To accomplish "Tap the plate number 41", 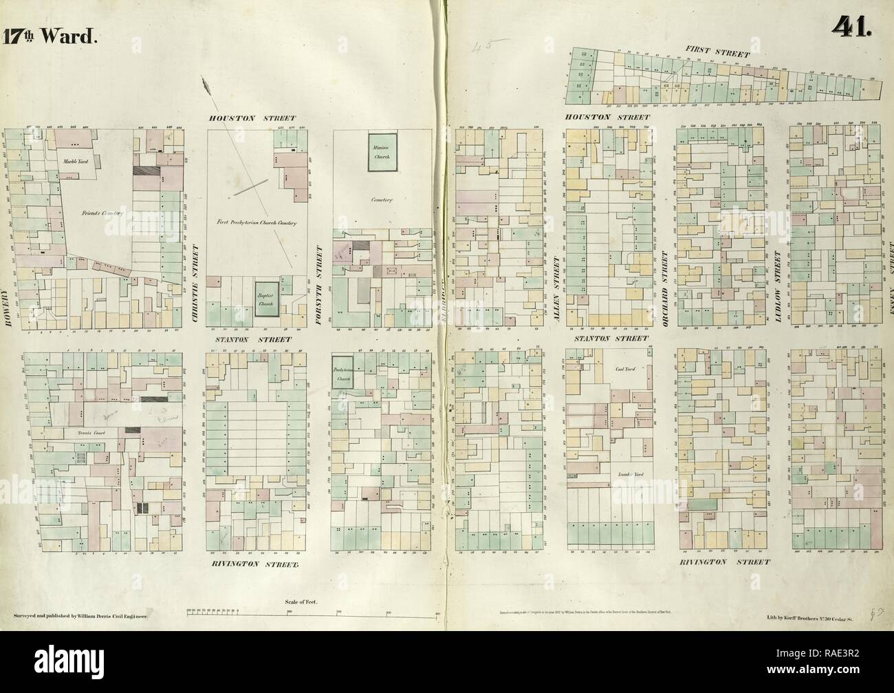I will tap(852, 27).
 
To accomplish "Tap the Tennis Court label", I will tap(89, 434).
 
